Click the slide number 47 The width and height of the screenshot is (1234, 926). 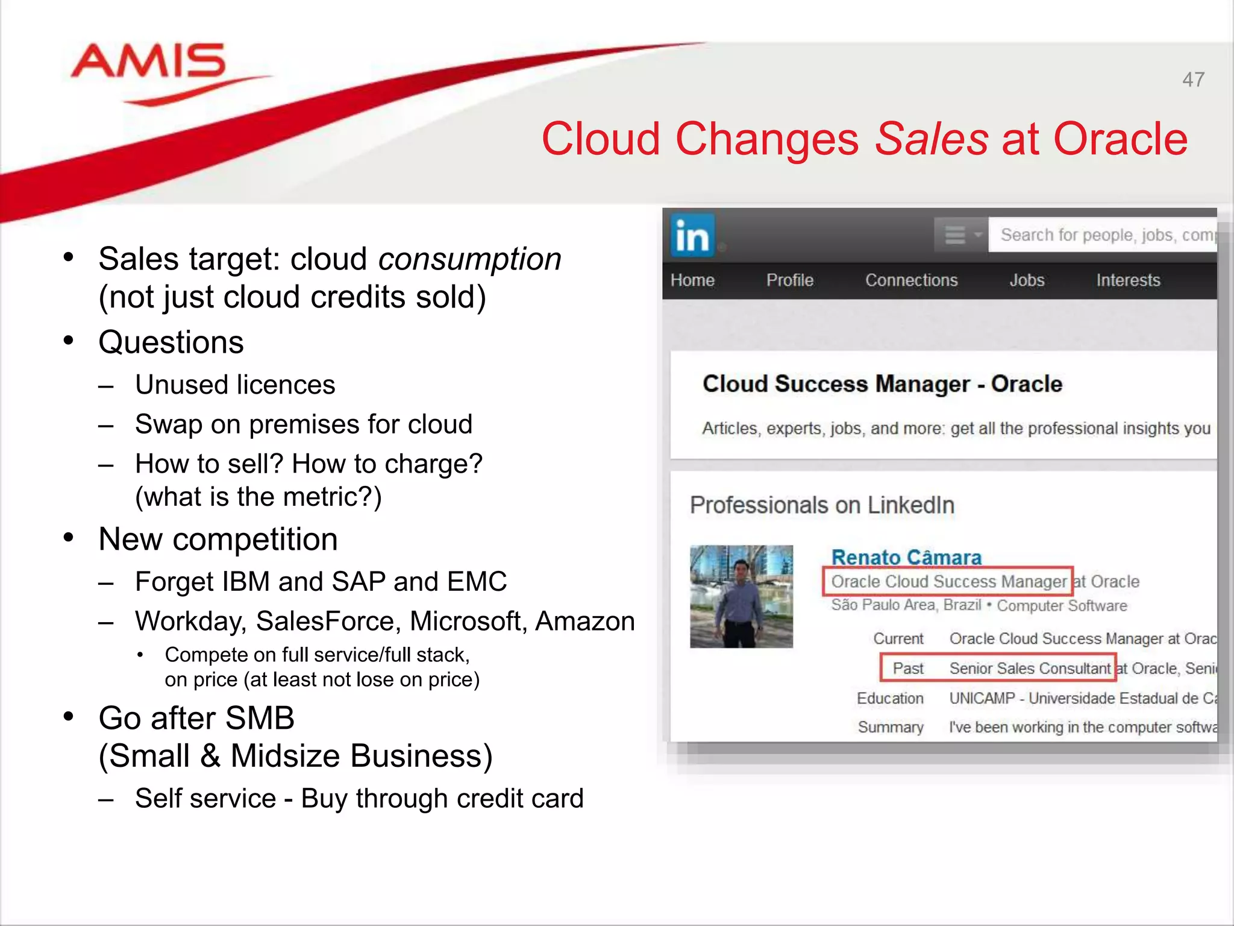click(1193, 80)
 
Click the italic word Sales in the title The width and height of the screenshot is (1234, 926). click(931, 139)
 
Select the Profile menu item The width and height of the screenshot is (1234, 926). click(789, 280)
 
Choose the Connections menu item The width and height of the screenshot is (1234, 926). click(911, 280)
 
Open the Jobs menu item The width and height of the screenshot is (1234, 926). click(1027, 280)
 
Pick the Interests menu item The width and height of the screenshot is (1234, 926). click(1128, 280)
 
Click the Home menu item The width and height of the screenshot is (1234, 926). click(692, 280)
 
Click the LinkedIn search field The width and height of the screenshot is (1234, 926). click(1103, 235)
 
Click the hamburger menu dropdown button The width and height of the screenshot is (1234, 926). click(960, 235)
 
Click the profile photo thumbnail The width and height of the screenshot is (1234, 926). click(741, 596)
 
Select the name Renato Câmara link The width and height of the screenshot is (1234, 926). click(906, 558)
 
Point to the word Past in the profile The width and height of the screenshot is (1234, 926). click(907, 668)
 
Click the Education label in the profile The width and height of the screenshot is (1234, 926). click(890, 698)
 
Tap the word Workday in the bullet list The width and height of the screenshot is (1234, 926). click(190, 622)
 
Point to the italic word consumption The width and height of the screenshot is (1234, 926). click(469, 259)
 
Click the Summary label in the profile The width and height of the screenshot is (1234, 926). click(891, 727)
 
